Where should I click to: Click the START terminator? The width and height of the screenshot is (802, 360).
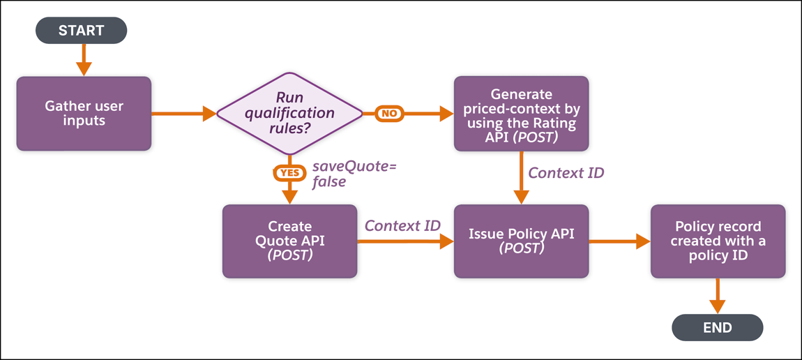[82, 31]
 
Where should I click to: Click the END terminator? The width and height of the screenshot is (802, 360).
[717, 327]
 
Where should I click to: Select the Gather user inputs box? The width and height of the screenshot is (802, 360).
[84, 114]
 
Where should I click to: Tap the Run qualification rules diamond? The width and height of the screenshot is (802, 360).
[289, 113]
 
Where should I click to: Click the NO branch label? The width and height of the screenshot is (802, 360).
[389, 113]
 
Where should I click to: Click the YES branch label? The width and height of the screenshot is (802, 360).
[289, 172]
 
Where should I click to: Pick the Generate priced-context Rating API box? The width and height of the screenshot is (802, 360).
[521, 114]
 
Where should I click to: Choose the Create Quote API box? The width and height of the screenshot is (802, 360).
[289, 241]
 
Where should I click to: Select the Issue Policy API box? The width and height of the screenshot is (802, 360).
[521, 241]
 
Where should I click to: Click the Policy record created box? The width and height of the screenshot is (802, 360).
[718, 241]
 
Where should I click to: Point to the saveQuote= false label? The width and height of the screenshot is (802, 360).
[354, 174]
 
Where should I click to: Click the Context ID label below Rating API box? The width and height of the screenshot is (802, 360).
[566, 173]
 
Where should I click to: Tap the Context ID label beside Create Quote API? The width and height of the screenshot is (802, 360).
[402, 226]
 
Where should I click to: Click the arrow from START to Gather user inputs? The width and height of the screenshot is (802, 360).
[84, 59]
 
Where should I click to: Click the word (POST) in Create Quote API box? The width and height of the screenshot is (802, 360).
[289, 255]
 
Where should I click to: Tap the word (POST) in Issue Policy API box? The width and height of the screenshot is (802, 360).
[521, 248]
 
